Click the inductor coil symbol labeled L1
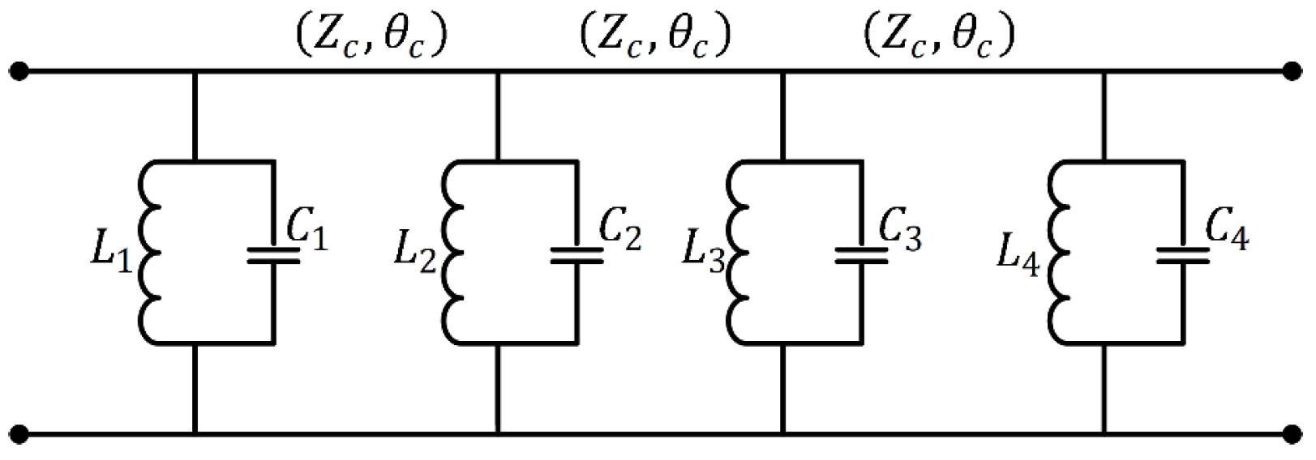pyautogui.click(x=151, y=252)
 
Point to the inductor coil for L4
pyautogui.click(x=1061, y=252)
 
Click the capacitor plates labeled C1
pyautogui.click(x=273, y=256)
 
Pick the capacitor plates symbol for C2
pyautogui.click(x=577, y=256)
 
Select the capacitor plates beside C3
pyautogui.click(x=863, y=256)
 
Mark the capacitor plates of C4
pyautogui.click(x=1183, y=256)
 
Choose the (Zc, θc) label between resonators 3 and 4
pyautogui.click(x=938, y=36)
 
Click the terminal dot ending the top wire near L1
pyautogui.click(x=18, y=73)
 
